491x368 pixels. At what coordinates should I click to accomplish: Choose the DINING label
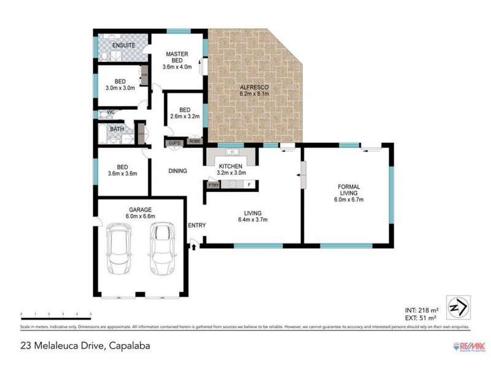tap(177, 171)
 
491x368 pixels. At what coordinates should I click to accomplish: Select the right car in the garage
tap(161, 248)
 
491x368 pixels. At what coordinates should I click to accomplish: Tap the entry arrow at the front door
tap(195, 247)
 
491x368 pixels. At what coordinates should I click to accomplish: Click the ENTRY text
tap(197, 226)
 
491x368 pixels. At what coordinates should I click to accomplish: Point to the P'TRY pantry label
tap(214, 185)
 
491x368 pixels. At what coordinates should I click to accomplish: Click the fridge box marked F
tap(249, 185)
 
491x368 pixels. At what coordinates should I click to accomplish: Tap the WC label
tap(111, 113)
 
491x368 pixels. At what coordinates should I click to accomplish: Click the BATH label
tap(117, 129)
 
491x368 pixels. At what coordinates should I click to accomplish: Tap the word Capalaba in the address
tap(130, 346)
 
